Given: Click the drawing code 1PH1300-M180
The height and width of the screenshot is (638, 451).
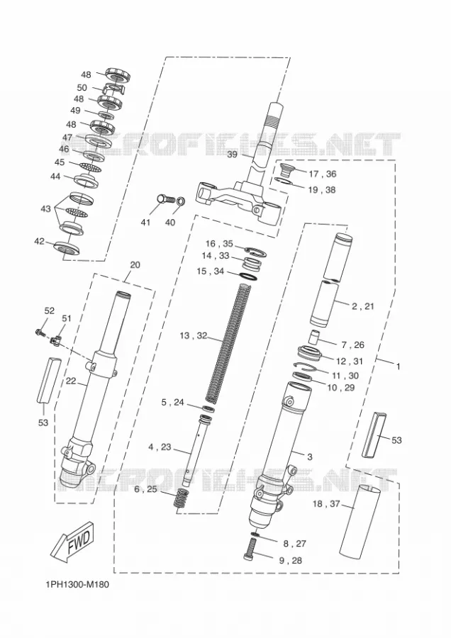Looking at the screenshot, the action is [77, 585].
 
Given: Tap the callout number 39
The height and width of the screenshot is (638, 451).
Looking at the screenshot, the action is [232, 155].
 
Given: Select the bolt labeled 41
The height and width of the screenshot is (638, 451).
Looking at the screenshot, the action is [165, 199].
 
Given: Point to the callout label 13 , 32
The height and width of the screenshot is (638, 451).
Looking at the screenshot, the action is [194, 336].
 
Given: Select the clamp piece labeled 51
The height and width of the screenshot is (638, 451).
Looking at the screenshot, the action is [57, 340].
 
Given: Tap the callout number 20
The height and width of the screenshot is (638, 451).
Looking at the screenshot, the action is [135, 265].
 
